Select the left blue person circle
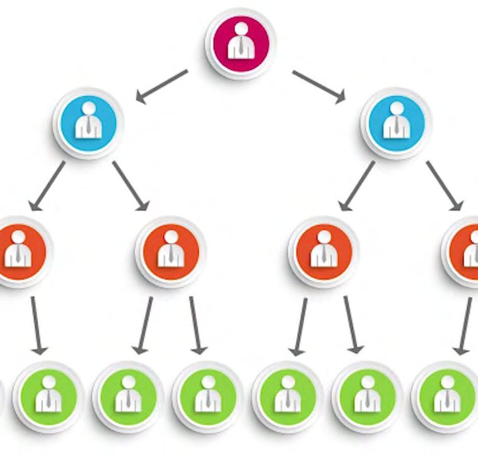[88, 122]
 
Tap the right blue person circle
[396, 122]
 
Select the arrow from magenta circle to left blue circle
[162, 86]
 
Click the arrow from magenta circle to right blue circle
[319, 86]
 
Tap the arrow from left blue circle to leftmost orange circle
[47, 185]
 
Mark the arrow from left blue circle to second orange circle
[131, 185]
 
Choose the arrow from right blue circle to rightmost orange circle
[445, 185]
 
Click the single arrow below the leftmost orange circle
[37, 324]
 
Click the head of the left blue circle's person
[88, 108]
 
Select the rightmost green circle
[446, 397]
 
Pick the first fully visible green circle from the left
[48, 397]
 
